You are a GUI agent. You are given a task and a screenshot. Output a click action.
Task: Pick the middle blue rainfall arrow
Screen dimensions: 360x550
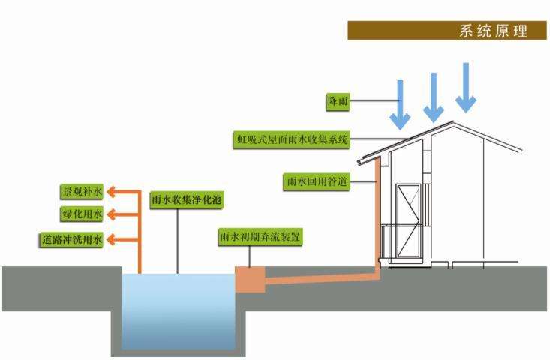point(434,97)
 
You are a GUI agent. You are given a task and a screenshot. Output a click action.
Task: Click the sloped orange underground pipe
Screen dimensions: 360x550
point(323,278)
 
